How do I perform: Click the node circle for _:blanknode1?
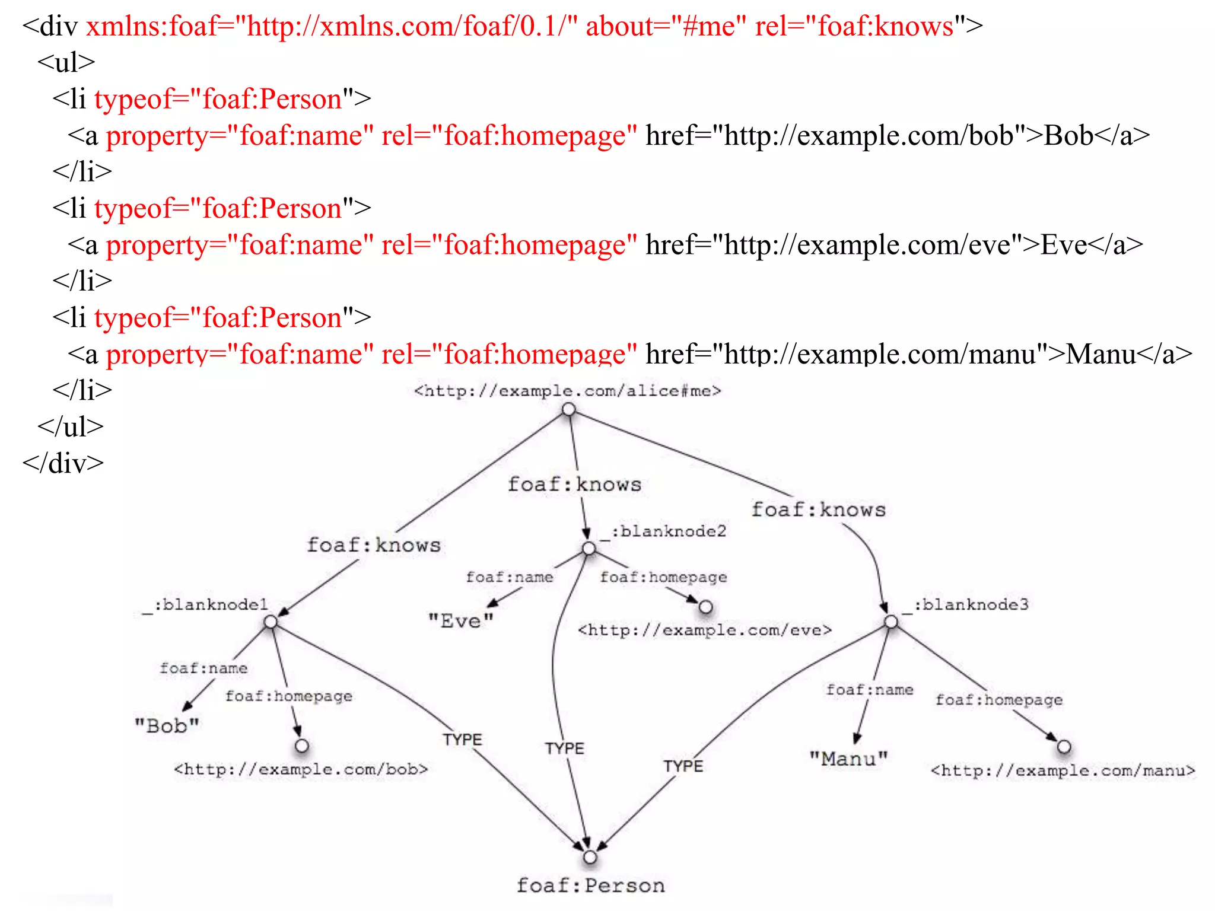(271, 622)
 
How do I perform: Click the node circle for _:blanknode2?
(589, 549)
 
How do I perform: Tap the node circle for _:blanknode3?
(891, 622)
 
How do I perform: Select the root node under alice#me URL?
(568, 409)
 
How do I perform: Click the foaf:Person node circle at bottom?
(590, 857)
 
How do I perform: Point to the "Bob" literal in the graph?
(167, 725)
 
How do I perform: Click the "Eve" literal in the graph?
(461, 621)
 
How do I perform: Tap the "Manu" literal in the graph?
(848, 759)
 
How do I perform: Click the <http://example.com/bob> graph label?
(300, 769)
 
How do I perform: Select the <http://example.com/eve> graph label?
(705, 630)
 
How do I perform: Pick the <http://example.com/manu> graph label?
(1063, 770)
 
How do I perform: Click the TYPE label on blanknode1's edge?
(462, 740)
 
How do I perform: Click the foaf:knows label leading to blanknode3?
(818, 509)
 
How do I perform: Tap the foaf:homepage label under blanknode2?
(663, 577)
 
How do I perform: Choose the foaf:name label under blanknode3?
(869, 690)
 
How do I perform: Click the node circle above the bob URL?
(302, 746)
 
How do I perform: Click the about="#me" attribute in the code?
(666, 27)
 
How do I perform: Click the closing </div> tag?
(63, 463)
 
